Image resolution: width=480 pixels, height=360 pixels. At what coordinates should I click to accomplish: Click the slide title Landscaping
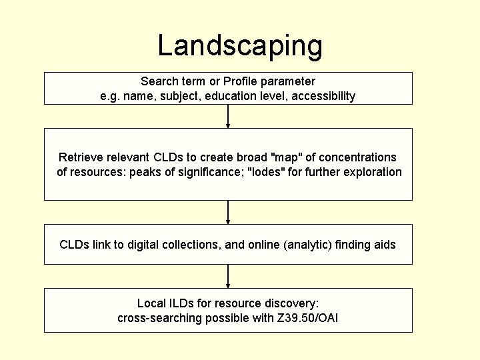pyautogui.click(x=240, y=45)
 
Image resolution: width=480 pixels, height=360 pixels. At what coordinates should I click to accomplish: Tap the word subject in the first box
pyautogui.click(x=182, y=96)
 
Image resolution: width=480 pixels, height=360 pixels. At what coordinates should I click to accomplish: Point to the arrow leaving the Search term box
pyautogui.click(x=228, y=116)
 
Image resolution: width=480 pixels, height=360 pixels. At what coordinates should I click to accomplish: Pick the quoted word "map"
pyautogui.click(x=287, y=157)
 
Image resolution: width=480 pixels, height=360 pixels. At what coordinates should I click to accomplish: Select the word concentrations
pyautogui.click(x=357, y=157)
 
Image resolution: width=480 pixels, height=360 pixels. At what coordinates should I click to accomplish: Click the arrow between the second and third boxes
pyautogui.click(x=228, y=212)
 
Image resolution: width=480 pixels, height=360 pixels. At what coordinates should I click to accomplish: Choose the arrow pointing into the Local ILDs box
pyautogui.click(x=228, y=276)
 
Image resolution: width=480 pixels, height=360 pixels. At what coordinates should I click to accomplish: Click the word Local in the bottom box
pyautogui.click(x=151, y=303)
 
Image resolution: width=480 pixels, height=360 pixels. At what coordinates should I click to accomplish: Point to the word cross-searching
pyautogui.click(x=158, y=318)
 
